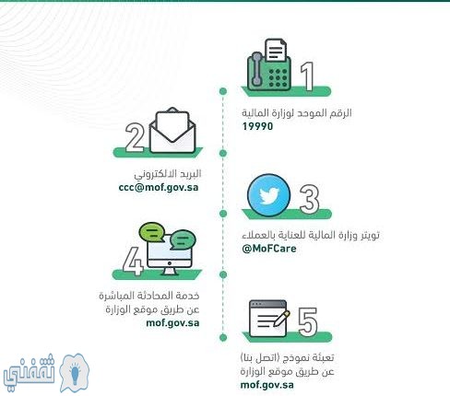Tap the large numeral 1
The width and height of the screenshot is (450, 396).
tap(307, 76)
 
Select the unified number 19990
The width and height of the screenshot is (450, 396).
tap(257, 126)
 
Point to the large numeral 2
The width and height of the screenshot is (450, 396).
tap(135, 137)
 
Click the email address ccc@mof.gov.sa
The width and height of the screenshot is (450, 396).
tap(159, 187)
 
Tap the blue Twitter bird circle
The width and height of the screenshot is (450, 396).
tap(268, 195)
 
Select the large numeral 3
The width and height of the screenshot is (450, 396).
tap(309, 199)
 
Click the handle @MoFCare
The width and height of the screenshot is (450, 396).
tap(269, 248)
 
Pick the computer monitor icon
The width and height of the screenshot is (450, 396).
tap(170, 256)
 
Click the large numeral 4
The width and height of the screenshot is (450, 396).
tap(133, 261)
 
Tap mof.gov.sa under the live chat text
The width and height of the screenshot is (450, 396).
tap(172, 323)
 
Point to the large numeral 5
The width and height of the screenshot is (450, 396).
tap(308, 321)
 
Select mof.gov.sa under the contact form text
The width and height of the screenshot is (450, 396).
tap(267, 385)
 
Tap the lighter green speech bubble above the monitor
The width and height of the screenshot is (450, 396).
tap(151, 231)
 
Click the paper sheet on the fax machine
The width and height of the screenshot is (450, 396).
tap(276, 50)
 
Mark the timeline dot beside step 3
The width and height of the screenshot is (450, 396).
tap(223, 214)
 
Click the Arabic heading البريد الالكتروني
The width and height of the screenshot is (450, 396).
tap(168, 174)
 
